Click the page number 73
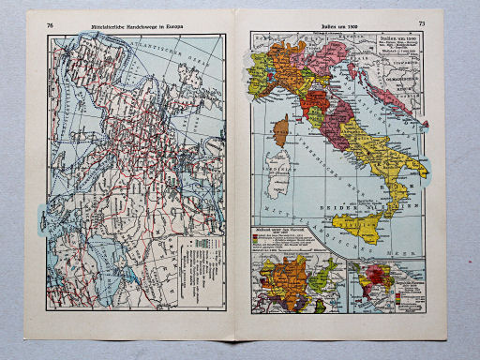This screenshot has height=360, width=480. click(x=421, y=22)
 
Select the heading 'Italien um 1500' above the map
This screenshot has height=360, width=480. click(x=334, y=23)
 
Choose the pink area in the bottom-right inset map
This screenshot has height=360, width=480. click(x=380, y=277)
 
